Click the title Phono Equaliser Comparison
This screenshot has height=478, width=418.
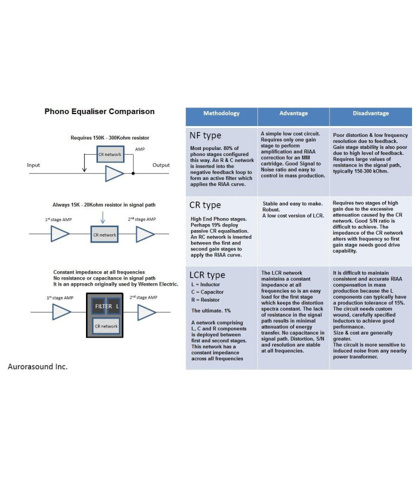pos(100,111)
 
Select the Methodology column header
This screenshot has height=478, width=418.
pos(221,114)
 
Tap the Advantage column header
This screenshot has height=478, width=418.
pos(293,114)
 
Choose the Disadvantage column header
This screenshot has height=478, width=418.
pos(370,114)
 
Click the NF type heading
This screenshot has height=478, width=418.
pos(205,136)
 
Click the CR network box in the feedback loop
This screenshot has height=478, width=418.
pos(109,155)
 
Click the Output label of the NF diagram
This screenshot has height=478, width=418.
pos(161,165)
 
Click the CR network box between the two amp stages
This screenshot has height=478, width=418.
pos(105,235)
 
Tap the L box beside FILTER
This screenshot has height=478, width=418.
pos(117,307)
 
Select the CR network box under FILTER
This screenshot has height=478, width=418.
pos(106,326)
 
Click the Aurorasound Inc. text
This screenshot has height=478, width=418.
pos(38,366)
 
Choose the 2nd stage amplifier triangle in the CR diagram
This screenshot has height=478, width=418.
pos(145,235)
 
